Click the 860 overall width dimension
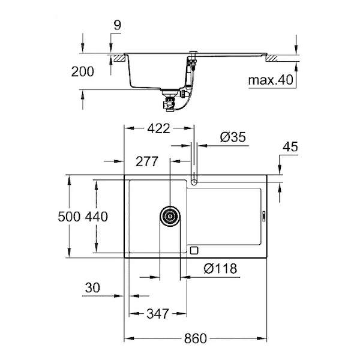[x=196, y=338]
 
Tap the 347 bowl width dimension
[x=158, y=314]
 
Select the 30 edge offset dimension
[x=92, y=287]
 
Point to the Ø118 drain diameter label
[x=220, y=268]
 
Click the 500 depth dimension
[x=69, y=217]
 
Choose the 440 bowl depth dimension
[x=97, y=217]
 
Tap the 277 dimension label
[x=147, y=161]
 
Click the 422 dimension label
[x=158, y=128]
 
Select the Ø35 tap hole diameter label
[x=233, y=137]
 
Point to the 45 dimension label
[x=290, y=147]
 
